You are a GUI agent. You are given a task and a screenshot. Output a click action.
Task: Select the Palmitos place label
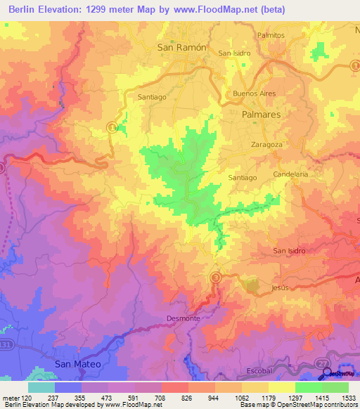[270, 34]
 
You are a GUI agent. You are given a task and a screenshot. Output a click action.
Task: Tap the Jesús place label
[279, 288]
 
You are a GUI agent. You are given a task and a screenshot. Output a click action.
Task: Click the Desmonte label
[184, 318]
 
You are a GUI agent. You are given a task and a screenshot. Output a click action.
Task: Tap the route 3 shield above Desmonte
[216, 278]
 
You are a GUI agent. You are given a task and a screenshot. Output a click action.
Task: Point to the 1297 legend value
[280, 398]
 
